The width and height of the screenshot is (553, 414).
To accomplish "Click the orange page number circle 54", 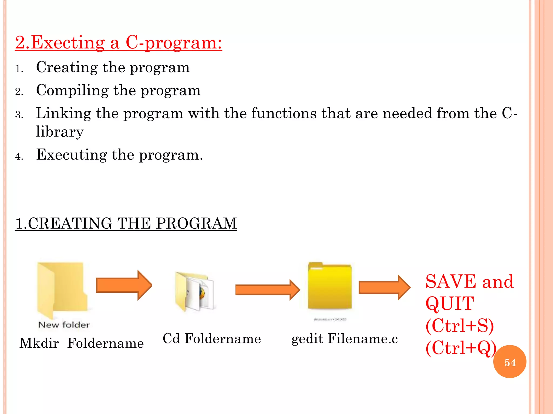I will pyautogui.click(x=510, y=362).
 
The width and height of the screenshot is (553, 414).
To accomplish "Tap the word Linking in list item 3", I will pyautogui.click(x=63, y=113).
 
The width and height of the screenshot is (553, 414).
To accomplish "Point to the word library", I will pyautogui.click(x=60, y=132).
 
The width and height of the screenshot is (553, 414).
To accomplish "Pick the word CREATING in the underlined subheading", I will pyautogui.click(x=70, y=223).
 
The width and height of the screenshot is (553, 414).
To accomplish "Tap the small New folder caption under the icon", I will pyautogui.click(x=64, y=325).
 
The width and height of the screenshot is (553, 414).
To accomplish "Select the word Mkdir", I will pyautogui.click(x=39, y=343).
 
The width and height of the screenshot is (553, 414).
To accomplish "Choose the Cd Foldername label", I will pyautogui.click(x=212, y=339).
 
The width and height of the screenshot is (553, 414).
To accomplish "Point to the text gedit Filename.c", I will pyautogui.click(x=345, y=339).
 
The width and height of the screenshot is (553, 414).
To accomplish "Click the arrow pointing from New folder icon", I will pyautogui.click(x=124, y=285).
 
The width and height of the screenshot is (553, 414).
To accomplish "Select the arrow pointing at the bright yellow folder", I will pyautogui.click(x=267, y=290).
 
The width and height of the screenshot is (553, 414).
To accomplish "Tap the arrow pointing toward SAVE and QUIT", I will pyautogui.click(x=385, y=287).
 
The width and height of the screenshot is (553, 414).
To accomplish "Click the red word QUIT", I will pyautogui.click(x=450, y=303).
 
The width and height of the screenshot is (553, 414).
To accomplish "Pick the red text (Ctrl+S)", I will pyautogui.click(x=460, y=326).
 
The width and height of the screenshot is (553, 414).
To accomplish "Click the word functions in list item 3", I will pyautogui.click(x=284, y=113).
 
